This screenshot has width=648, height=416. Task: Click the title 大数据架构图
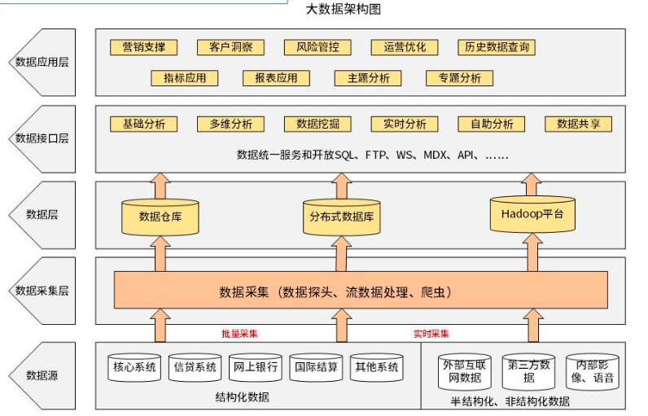pos(343,9)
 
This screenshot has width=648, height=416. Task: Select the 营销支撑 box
pos(143,47)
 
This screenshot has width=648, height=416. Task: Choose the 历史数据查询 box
pos(496,47)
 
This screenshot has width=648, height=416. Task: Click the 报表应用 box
pos(276,78)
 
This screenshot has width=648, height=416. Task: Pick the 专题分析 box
pos(459,78)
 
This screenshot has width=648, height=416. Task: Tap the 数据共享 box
pos(578,124)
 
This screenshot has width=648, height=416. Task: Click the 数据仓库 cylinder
pos(160,216)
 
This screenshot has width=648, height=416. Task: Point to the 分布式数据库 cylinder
pos(340,217)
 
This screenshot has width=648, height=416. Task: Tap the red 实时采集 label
pos(431,334)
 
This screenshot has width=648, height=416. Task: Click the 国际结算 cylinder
pos(316,368)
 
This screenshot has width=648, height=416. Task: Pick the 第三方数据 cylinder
pos(528,371)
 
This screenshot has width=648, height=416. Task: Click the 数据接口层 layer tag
pos(42,138)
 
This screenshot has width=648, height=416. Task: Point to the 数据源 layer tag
pos(42,375)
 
